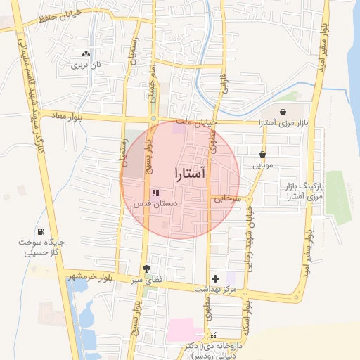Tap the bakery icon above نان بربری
[86, 53]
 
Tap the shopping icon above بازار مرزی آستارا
[283, 112]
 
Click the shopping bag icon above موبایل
[263, 155]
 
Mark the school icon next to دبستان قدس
[155, 193]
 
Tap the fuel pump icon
[42, 232]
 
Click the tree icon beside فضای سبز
[146, 269]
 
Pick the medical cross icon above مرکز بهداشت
[216, 279]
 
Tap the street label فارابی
[224, 87]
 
